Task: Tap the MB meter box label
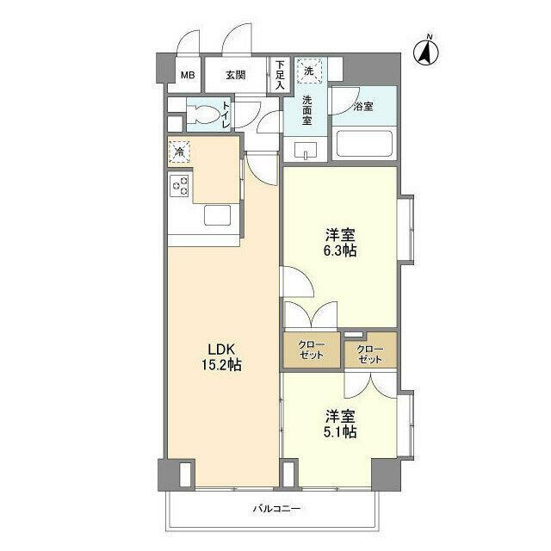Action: pyautogui.click(x=187, y=75)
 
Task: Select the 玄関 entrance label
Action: pyautogui.click(x=236, y=75)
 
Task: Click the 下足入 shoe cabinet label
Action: pyautogui.click(x=280, y=73)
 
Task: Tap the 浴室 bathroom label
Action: pyautogui.click(x=362, y=107)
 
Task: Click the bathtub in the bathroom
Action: pyautogui.click(x=363, y=143)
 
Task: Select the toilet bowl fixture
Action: pyautogui.click(x=204, y=114)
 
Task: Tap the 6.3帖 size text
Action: pyautogui.click(x=341, y=251)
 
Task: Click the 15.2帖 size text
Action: pyautogui.click(x=221, y=365)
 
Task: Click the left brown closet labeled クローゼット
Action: pyautogui.click(x=312, y=350)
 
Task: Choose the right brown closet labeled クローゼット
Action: pyautogui.click(x=370, y=352)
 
